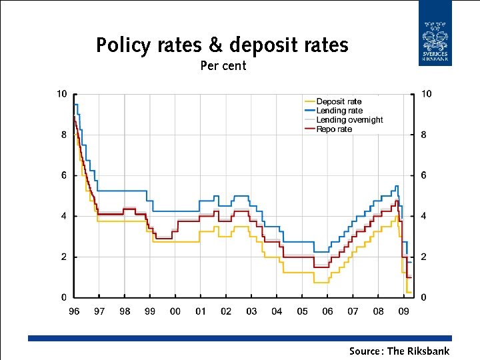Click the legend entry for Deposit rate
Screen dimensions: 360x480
tap(339, 101)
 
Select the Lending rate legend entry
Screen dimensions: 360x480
tap(339, 111)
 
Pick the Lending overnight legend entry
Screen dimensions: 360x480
tap(349, 120)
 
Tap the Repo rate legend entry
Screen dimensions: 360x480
tap(334, 129)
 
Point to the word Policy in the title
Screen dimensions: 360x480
tap(124, 45)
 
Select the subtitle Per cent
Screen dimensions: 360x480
tap(223, 66)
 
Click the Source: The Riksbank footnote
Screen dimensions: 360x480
tap(399, 351)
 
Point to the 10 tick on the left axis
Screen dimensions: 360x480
tap(61, 94)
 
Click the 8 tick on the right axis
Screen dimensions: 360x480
tap(423, 135)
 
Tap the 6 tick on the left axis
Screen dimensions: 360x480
tap(63, 175)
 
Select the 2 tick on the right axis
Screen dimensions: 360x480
tap(423, 257)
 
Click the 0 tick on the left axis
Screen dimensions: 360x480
tap(63, 297)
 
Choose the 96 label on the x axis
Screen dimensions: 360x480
tap(74, 311)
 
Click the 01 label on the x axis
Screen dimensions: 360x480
tap(201, 311)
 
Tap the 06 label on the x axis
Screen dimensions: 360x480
tap(327, 311)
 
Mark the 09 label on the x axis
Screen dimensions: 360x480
tap(404, 311)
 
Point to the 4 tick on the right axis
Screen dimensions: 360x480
tap(423, 216)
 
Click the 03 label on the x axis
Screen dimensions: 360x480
tap(251, 311)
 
